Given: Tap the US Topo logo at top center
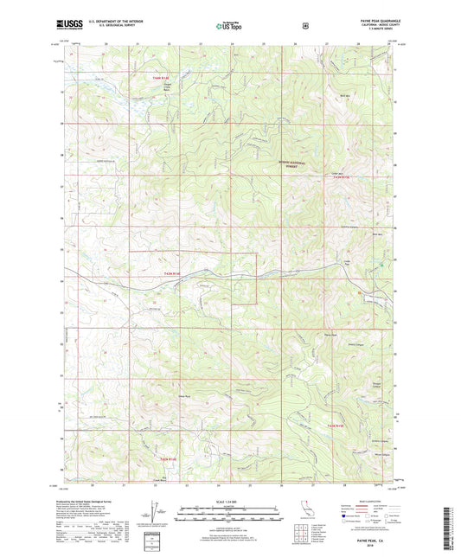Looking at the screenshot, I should pos(230,27).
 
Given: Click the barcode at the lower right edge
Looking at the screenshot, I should pos(451,519).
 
